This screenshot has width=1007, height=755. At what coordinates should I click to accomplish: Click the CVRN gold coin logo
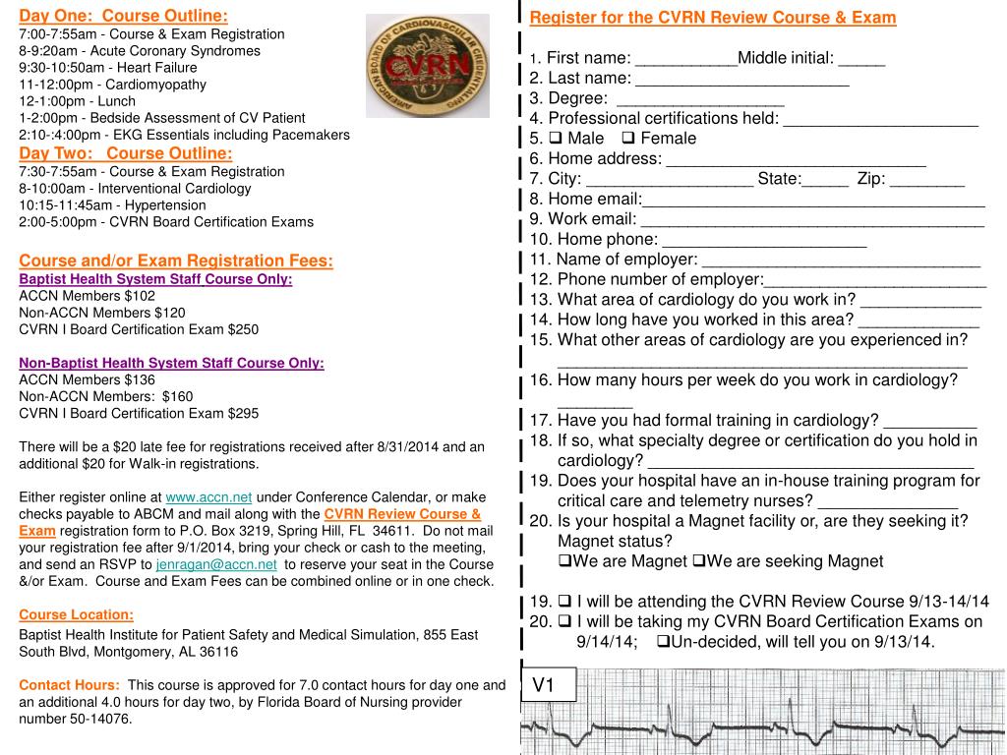(427, 66)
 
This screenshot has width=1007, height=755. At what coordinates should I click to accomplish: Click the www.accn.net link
(208, 496)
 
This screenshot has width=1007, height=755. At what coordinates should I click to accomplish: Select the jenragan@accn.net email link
(216, 564)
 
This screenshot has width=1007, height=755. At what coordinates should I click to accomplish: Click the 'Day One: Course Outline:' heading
(124, 16)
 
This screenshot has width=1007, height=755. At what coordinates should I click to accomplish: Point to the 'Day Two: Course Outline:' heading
(126, 153)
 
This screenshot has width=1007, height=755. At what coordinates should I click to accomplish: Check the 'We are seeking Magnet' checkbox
(698, 561)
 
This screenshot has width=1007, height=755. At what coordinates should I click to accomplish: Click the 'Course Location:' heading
(76, 614)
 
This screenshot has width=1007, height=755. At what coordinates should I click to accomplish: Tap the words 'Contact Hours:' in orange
(69, 684)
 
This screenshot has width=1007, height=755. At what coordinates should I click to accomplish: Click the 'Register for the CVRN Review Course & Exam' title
(713, 18)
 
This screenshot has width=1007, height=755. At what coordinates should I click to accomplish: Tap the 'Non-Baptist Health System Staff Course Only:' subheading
(171, 363)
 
